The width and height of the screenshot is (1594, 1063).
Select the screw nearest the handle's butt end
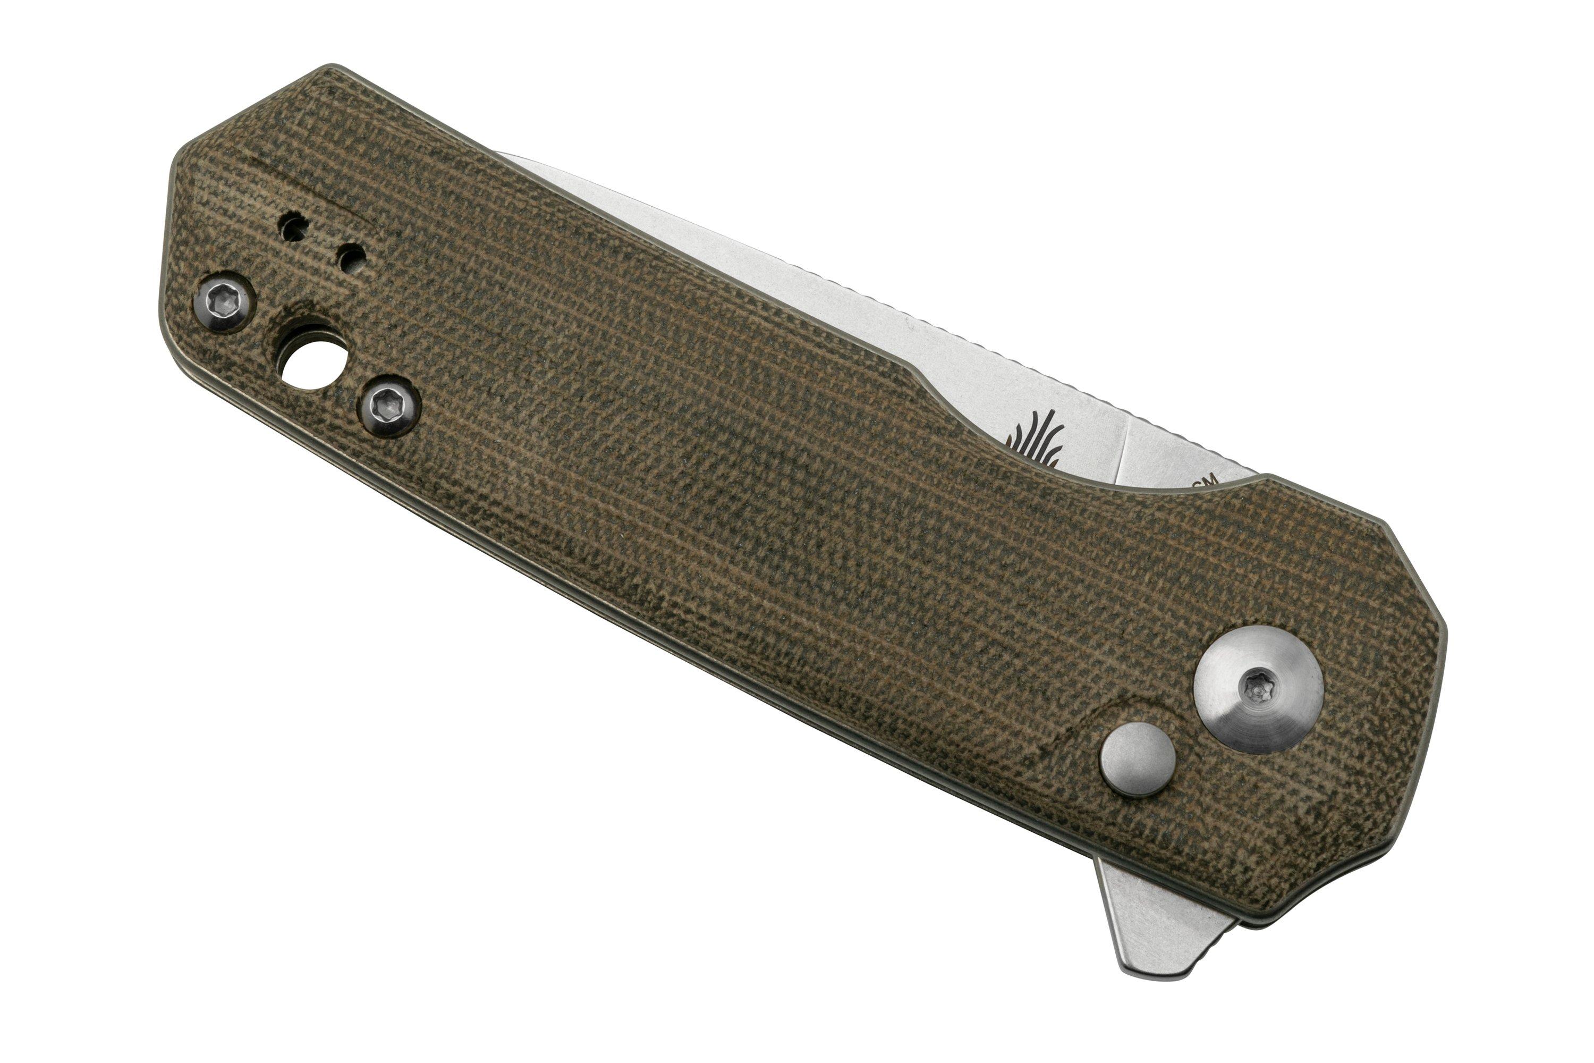(x=224, y=302)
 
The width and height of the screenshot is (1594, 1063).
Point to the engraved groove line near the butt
(x=312, y=193)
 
